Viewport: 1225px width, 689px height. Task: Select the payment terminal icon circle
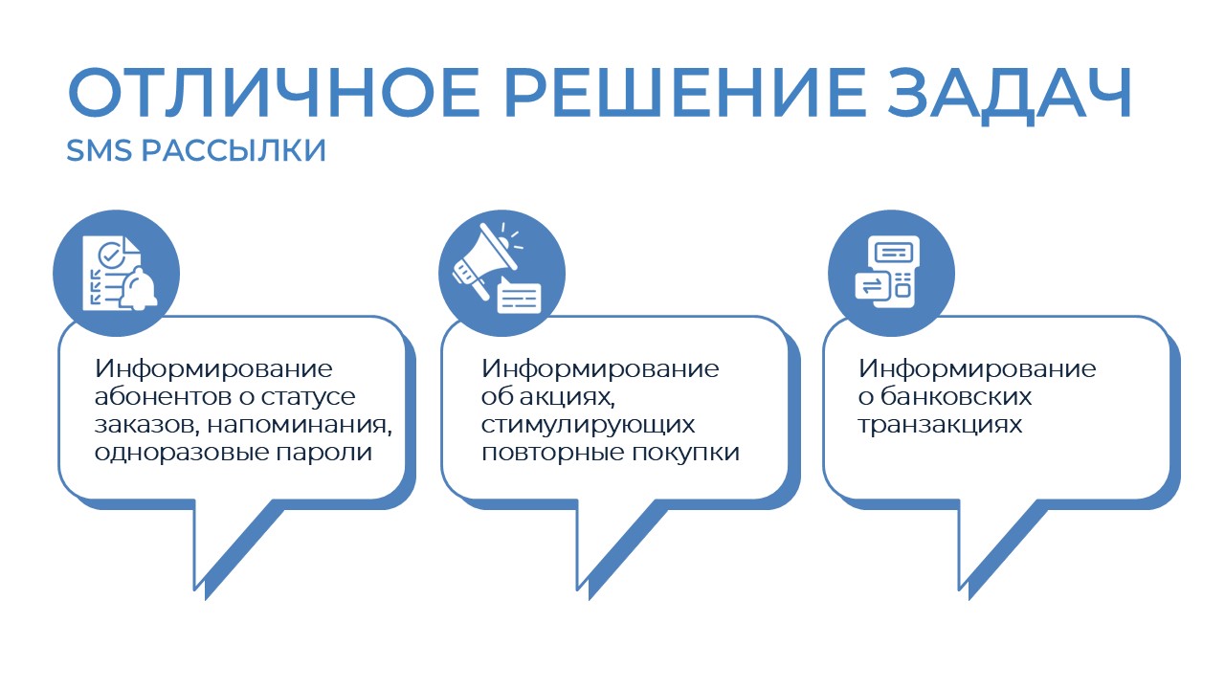[x=890, y=267]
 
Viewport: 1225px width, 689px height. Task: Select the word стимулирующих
[x=588, y=425]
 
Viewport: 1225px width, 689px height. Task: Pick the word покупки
[x=686, y=453]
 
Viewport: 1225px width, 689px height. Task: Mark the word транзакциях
[x=940, y=425]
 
